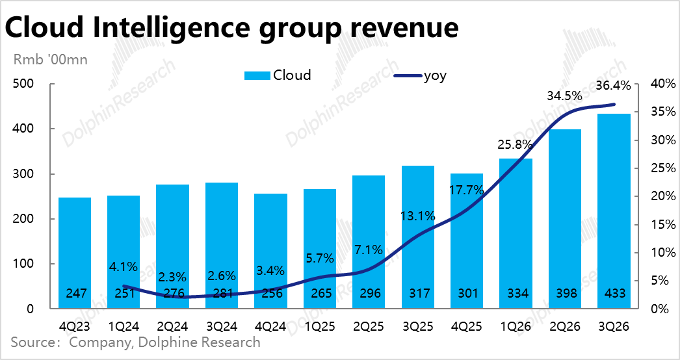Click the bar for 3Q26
point(614,208)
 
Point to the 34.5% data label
point(563,96)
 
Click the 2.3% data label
point(173,275)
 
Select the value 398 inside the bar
point(565,294)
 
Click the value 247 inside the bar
point(75,294)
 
